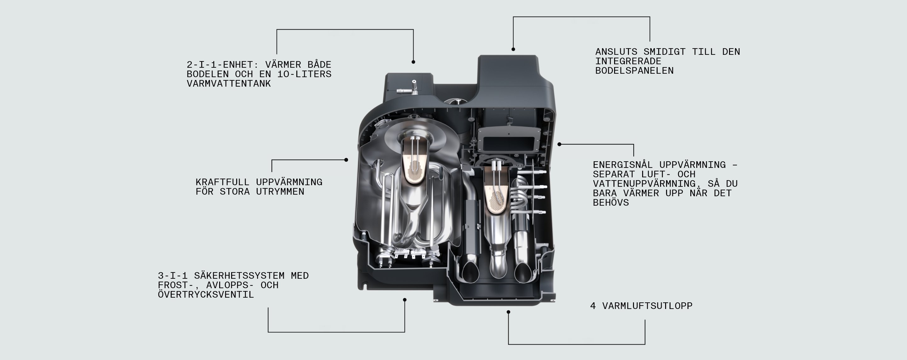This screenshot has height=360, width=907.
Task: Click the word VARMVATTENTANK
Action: [229, 84]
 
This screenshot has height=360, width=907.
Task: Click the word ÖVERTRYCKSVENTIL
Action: [206, 295]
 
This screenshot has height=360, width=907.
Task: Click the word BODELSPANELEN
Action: [634, 71]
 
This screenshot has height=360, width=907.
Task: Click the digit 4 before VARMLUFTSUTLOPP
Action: [593, 306]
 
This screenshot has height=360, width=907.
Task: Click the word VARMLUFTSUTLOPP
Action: [647, 306]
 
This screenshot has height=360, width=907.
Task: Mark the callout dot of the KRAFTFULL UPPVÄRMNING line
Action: [346, 160]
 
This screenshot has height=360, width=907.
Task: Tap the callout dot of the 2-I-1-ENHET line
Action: [414, 62]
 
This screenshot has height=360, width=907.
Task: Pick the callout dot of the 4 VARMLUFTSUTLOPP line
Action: [508, 312]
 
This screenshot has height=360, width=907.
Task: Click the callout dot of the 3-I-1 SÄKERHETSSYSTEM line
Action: [405, 300]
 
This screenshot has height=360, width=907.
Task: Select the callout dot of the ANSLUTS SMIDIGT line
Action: [513, 49]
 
